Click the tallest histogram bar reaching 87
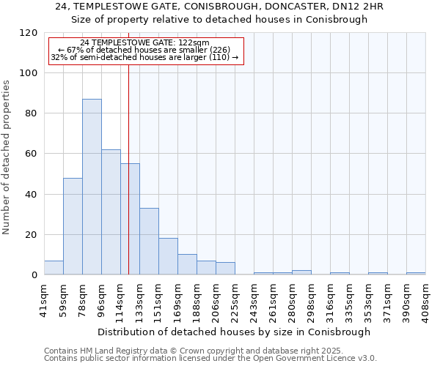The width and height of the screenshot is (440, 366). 92,187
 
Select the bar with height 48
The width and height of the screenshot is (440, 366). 73,226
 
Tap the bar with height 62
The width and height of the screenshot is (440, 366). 111,212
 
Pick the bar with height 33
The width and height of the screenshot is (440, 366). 149,242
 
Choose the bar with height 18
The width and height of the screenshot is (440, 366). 168,256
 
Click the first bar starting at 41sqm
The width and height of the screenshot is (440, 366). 54,268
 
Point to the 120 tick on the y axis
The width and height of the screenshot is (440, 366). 29,33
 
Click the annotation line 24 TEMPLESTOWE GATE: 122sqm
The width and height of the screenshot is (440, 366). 144,43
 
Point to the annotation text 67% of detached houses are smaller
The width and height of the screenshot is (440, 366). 144,50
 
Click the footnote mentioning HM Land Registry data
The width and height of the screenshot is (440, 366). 193,351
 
